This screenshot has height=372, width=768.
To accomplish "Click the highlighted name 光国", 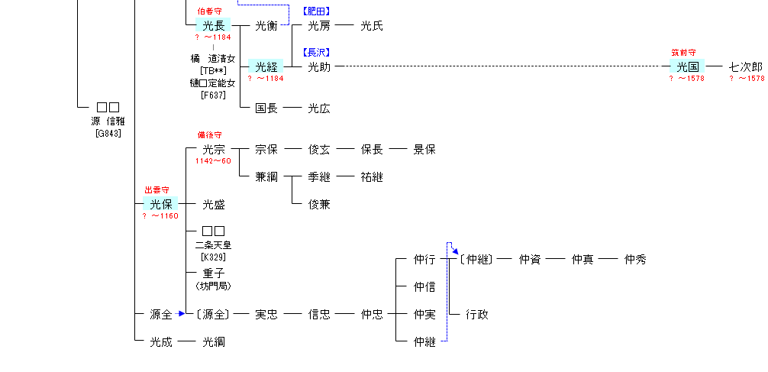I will pyautogui.click(x=688, y=67).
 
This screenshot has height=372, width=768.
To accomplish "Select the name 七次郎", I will pyautogui.click(x=746, y=67).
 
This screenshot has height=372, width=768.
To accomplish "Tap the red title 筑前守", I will pyautogui.click(x=683, y=53).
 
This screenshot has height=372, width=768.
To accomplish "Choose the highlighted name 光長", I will pyautogui.click(x=213, y=26).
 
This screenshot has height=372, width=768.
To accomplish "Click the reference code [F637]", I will pyautogui.click(x=213, y=95).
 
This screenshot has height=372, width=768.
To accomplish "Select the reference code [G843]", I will pyautogui.click(x=108, y=133).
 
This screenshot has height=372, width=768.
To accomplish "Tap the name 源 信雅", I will pyautogui.click(x=108, y=121).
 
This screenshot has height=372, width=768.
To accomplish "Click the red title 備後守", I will pyautogui.click(x=209, y=135).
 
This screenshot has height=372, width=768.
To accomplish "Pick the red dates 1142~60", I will pyautogui.click(x=213, y=161).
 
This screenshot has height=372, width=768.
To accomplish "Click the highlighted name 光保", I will pyautogui.click(x=160, y=205).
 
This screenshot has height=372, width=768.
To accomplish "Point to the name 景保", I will pyautogui.click(x=424, y=150).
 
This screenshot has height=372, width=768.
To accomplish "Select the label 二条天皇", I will pyautogui.click(x=213, y=245).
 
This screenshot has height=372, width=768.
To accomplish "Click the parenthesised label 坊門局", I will pyautogui.click(x=213, y=286).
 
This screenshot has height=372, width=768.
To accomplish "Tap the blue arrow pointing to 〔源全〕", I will pyautogui.click(x=181, y=313).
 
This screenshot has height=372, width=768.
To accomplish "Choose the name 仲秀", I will pyautogui.click(x=635, y=260).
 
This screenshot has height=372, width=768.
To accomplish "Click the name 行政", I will pyautogui.click(x=477, y=314).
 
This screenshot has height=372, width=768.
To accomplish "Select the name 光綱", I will pyautogui.click(x=213, y=342).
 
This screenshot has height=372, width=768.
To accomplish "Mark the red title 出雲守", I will pyautogui.click(x=157, y=190).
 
